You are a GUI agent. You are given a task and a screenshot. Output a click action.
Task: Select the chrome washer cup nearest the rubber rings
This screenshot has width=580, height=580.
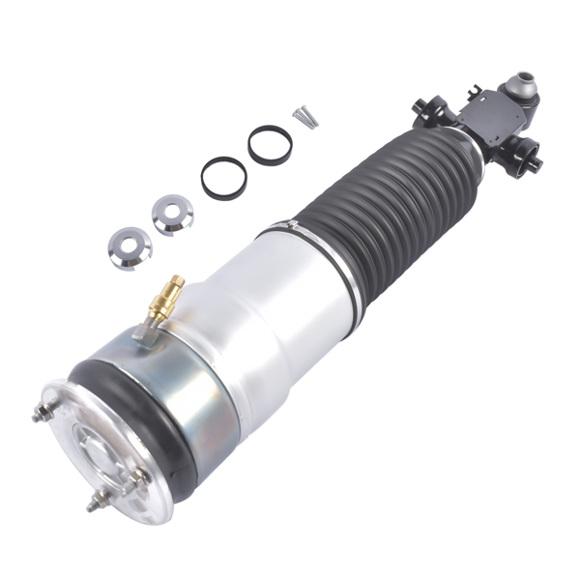(x=172, y=214)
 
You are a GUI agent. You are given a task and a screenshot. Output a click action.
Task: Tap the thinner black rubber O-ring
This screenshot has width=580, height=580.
(x=223, y=177)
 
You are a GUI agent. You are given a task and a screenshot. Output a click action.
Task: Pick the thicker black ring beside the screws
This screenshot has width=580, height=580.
(x=270, y=145)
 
